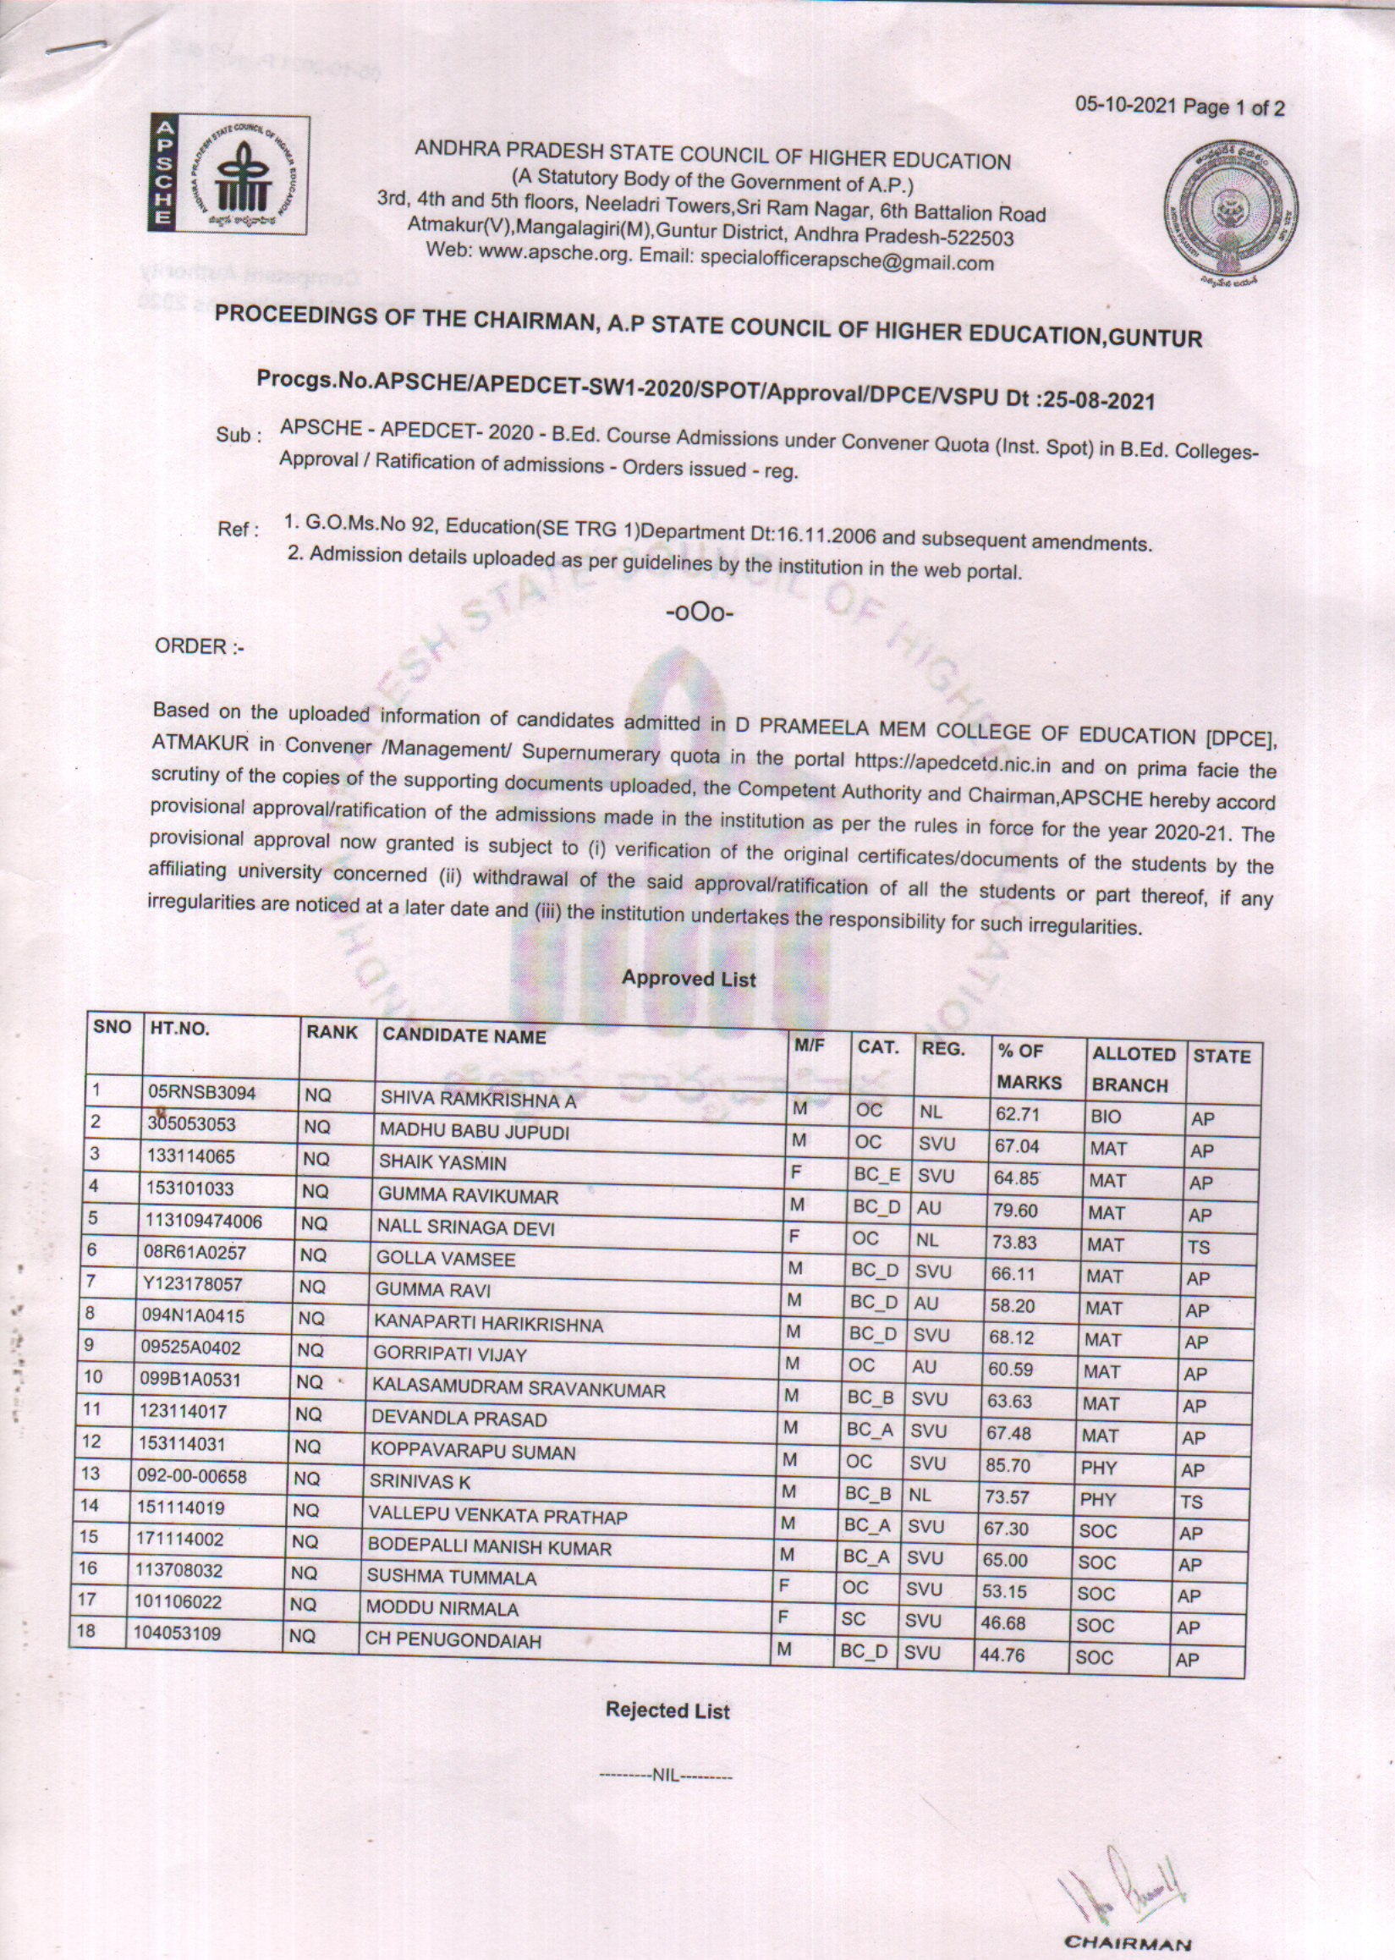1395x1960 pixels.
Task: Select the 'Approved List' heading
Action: point(688,978)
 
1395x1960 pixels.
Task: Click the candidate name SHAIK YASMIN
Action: point(443,1164)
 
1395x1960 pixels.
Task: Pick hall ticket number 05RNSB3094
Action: point(202,1094)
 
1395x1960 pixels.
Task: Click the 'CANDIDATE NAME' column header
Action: point(464,1037)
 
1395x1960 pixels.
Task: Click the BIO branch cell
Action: point(1106,1117)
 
